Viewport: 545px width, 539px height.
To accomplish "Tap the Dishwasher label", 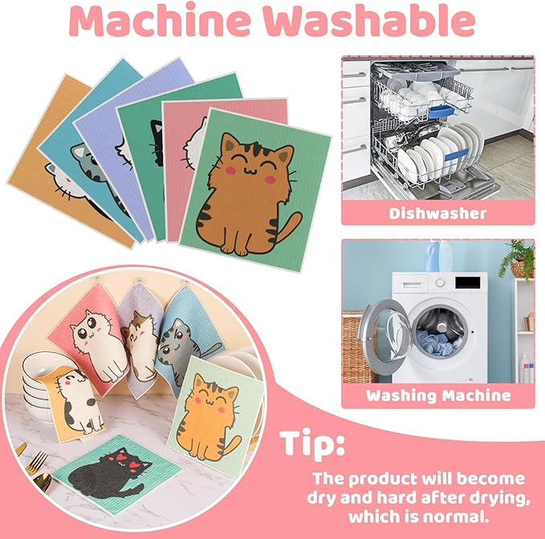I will point(437,213).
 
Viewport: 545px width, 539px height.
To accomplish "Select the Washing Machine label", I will point(437,395).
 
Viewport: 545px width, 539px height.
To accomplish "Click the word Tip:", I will point(313,444).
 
